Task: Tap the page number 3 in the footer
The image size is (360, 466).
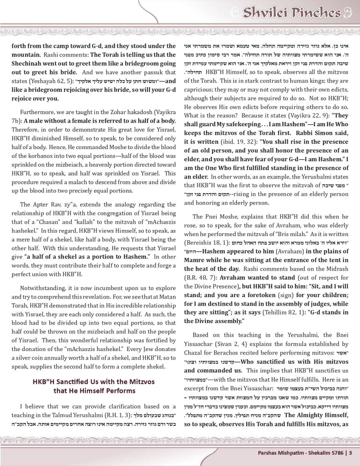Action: point(351,452)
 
